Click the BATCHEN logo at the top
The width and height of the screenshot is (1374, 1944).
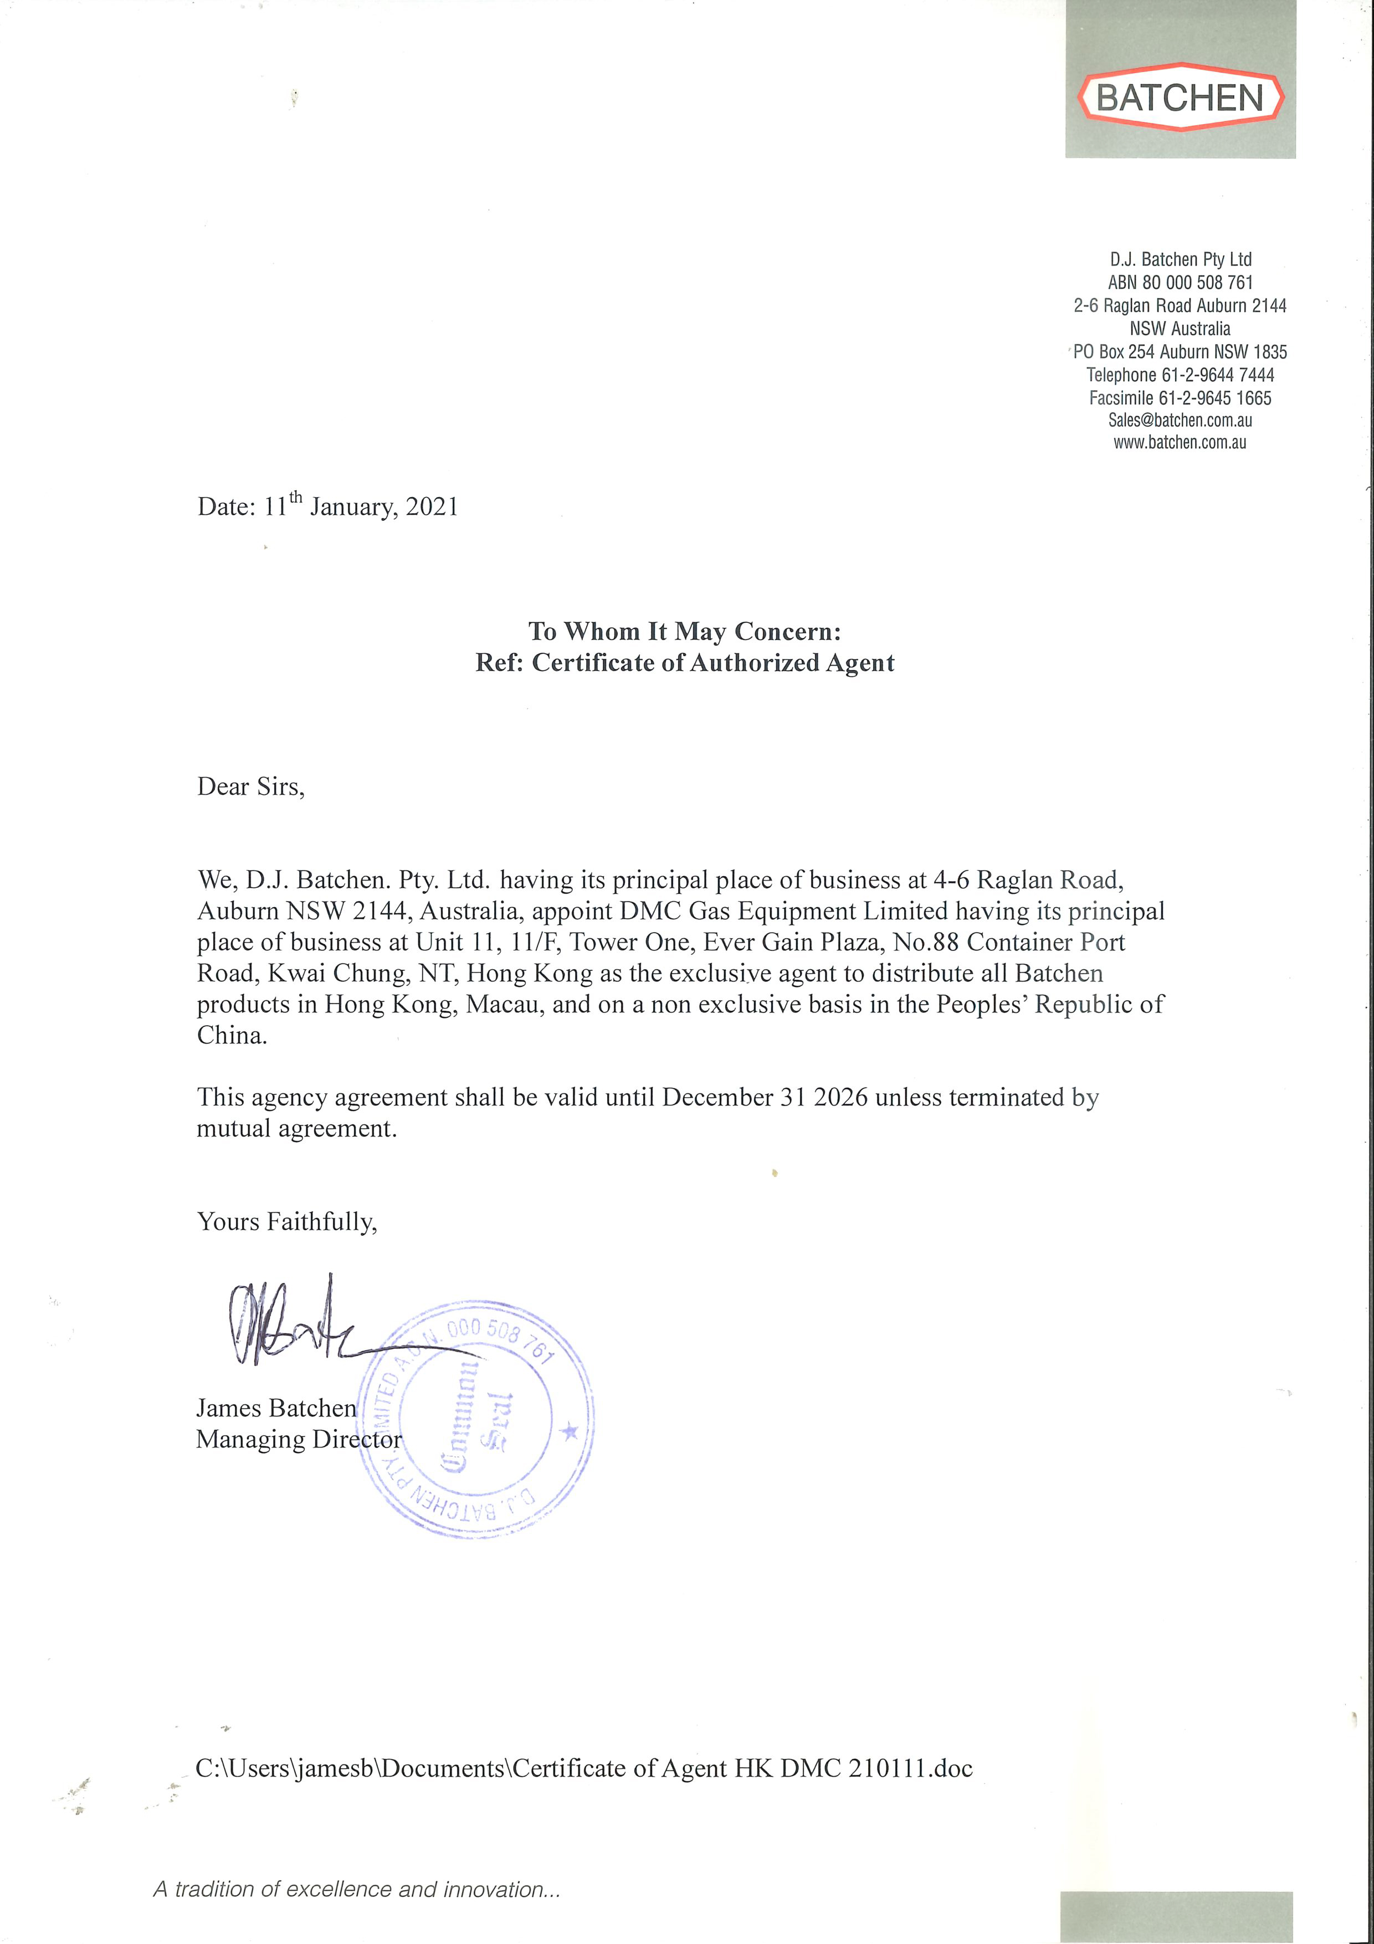click(x=1180, y=98)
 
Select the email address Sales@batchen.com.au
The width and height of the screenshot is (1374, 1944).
click(x=1180, y=420)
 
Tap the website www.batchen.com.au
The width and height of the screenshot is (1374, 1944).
click(x=1180, y=442)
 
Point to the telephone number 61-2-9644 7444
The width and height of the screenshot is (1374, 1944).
click(x=1217, y=374)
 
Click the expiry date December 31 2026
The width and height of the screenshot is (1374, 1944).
click(x=765, y=1097)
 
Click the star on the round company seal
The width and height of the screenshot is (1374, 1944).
click(x=570, y=1432)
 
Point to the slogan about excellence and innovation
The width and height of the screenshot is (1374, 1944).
click(x=356, y=1889)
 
